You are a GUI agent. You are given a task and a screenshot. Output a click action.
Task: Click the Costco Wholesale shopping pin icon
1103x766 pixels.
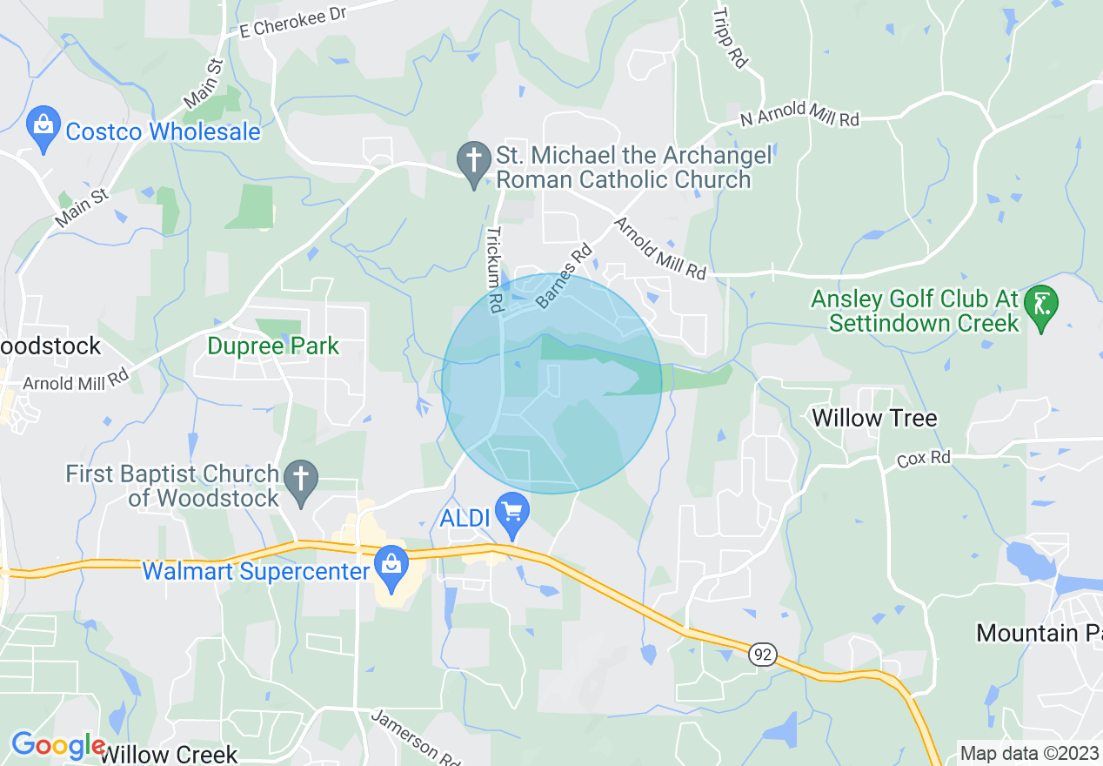click(43, 127)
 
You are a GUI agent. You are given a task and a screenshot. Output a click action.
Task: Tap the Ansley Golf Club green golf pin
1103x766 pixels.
click(1040, 305)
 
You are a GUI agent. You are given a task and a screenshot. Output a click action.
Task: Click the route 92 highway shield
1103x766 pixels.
click(762, 654)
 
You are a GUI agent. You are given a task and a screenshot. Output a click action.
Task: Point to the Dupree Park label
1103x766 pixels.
click(273, 346)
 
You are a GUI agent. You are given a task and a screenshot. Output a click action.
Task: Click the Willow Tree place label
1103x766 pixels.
click(874, 418)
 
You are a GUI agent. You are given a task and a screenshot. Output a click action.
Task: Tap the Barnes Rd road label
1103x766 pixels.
click(564, 276)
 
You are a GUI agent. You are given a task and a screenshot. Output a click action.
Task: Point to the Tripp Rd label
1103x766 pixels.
click(729, 38)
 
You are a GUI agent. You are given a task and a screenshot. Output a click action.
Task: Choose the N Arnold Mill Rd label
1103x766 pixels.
click(799, 118)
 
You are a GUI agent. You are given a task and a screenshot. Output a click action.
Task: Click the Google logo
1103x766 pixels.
click(57, 746)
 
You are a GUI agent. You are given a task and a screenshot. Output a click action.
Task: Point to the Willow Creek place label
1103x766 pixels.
click(168, 754)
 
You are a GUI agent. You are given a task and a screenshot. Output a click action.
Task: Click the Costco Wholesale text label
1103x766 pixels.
click(163, 131)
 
